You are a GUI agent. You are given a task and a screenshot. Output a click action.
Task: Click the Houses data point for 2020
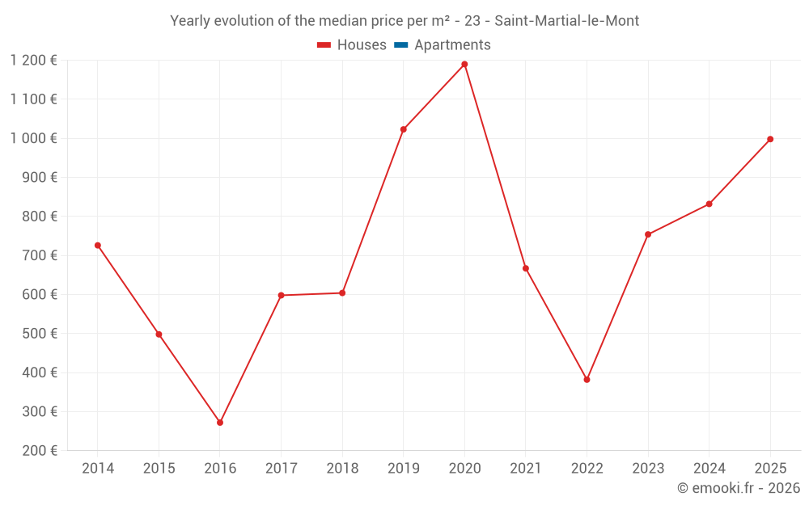click(x=464, y=64)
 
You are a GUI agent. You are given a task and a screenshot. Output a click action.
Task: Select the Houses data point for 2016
click(x=220, y=423)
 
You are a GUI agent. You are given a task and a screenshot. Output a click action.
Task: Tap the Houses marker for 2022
click(x=587, y=380)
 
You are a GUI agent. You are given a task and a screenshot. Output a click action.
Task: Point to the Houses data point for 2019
click(x=404, y=129)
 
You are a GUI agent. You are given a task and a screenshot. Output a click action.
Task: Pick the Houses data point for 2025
click(x=770, y=139)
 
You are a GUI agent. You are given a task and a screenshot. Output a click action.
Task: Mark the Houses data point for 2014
click(x=98, y=245)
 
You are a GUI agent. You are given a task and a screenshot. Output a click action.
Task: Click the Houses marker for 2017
click(x=281, y=295)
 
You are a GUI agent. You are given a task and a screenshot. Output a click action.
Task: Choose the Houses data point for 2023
click(x=648, y=234)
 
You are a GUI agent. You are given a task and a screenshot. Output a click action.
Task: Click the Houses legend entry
click(x=352, y=45)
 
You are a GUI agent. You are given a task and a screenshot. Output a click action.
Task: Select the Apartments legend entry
click(x=443, y=45)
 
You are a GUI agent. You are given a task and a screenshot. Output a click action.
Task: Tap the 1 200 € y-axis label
click(x=33, y=60)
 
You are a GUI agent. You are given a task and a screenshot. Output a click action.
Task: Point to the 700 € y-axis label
click(x=39, y=255)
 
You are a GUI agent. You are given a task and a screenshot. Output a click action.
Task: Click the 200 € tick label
click(x=39, y=451)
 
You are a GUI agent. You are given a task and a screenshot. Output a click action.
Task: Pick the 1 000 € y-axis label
click(x=33, y=138)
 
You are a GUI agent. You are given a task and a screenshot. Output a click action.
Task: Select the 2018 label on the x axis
click(x=342, y=469)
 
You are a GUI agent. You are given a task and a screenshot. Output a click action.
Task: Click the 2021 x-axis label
click(x=526, y=469)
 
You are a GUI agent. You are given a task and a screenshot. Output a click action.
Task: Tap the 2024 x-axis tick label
click(x=709, y=469)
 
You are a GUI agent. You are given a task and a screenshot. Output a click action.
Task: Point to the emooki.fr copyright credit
click(x=738, y=488)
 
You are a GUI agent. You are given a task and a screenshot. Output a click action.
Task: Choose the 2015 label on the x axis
click(x=159, y=469)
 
